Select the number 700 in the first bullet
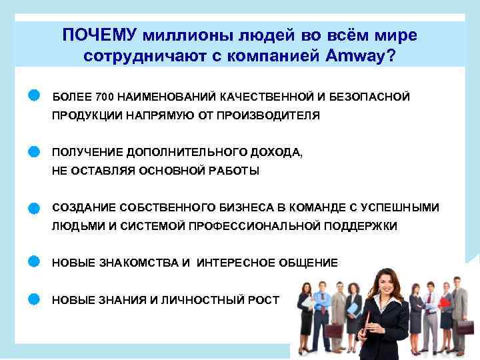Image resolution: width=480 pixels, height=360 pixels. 105,97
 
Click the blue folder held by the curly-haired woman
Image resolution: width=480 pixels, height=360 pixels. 308,303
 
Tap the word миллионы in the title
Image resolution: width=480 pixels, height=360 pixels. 181,34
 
